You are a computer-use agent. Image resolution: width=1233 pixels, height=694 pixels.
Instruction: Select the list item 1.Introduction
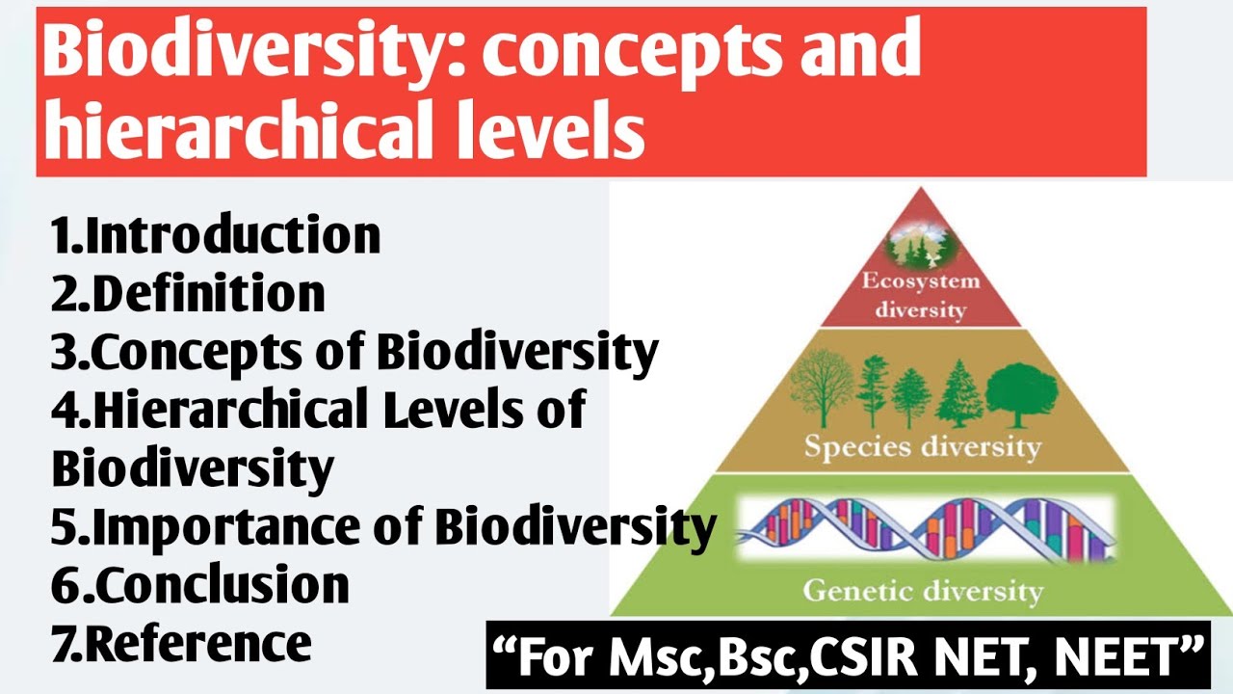click(x=217, y=236)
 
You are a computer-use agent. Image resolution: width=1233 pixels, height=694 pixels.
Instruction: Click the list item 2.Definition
click(x=189, y=294)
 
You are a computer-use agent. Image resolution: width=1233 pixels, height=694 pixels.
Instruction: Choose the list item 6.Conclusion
click(x=200, y=585)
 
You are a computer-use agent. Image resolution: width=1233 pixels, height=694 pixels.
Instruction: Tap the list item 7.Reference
click(x=182, y=643)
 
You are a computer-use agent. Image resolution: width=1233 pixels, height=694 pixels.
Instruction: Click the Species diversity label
click(x=922, y=448)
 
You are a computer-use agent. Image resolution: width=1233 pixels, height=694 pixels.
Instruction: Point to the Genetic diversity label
click(x=923, y=590)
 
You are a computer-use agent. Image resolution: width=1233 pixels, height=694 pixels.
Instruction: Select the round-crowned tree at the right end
click(x=1021, y=393)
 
